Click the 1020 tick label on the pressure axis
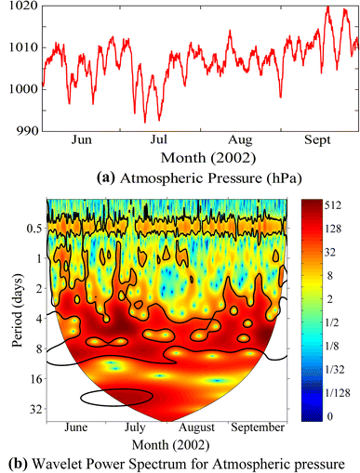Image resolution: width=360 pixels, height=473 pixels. click(18, 7)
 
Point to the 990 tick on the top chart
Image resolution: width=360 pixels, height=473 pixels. click(21, 131)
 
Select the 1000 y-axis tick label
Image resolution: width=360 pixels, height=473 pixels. click(18, 89)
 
